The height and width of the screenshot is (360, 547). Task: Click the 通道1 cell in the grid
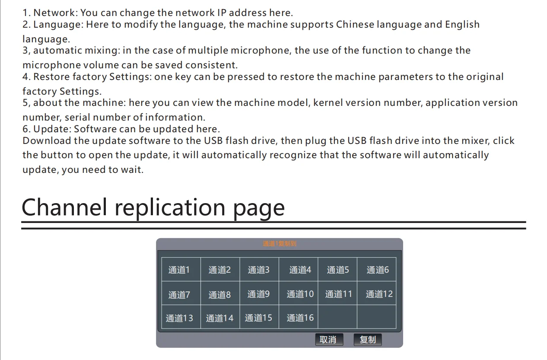click(x=179, y=270)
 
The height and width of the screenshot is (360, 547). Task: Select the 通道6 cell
click(x=377, y=270)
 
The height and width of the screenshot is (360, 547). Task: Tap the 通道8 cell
click(x=219, y=294)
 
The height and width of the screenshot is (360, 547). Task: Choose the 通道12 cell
click(x=379, y=294)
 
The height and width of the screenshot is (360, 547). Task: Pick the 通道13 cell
click(x=179, y=318)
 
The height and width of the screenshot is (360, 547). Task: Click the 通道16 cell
click(x=300, y=318)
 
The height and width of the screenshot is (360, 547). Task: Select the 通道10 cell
click(x=300, y=294)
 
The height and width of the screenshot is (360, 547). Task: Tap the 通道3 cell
click(x=258, y=270)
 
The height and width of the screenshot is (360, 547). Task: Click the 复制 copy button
click(x=368, y=340)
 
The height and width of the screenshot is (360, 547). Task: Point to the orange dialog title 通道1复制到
click(x=280, y=244)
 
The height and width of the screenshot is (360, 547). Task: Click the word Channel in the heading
click(x=64, y=207)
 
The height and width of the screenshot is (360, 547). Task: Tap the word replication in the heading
click(x=170, y=207)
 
